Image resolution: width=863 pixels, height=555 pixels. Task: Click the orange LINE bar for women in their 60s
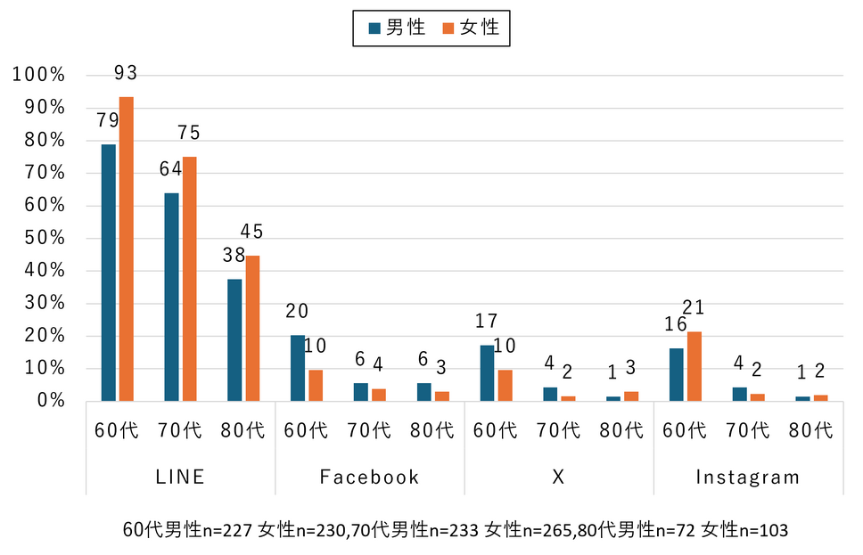point(127,249)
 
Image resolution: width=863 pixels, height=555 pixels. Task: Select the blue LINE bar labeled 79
point(109,273)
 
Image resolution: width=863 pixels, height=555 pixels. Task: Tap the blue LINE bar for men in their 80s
point(234,339)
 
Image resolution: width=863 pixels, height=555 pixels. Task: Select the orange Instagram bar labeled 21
point(695,366)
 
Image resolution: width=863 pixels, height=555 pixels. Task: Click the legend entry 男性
point(397,28)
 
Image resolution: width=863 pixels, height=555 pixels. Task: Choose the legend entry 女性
point(472,28)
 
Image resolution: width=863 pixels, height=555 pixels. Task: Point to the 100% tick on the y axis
point(39,75)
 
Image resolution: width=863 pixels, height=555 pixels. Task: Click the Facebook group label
point(369,477)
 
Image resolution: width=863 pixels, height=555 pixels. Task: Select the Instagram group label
point(747,477)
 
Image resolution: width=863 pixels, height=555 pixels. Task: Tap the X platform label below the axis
point(558,477)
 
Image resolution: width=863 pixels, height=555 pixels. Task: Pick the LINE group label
point(180,477)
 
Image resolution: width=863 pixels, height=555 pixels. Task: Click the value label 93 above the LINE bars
point(126,73)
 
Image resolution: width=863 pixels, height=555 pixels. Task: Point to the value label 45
point(252,232)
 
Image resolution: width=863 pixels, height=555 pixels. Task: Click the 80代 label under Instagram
point(811,430)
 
